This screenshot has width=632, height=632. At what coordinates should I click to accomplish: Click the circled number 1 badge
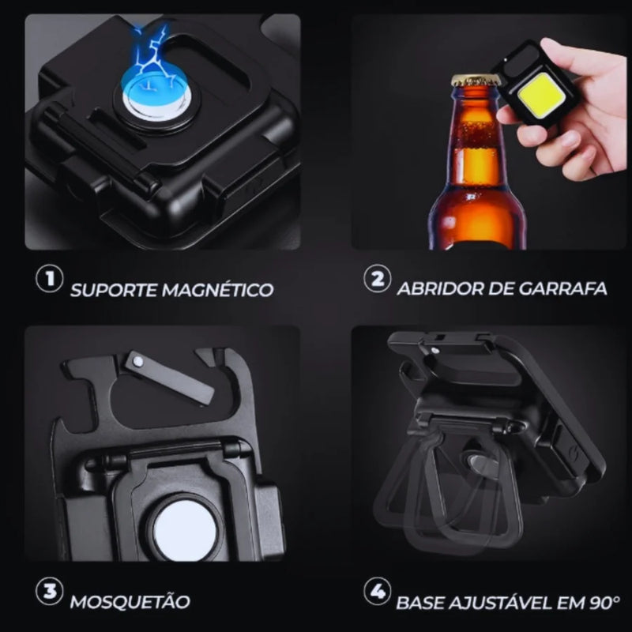click(x=50, y=279)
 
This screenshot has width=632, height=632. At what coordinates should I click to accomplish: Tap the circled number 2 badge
click(x=378, y=279)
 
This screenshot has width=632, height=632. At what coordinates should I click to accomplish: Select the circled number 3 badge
click(x=50, y=591)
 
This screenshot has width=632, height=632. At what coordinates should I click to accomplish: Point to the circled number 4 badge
click(x=378, y=591)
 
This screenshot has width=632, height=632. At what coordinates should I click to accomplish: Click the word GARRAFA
click(x=562, y=288)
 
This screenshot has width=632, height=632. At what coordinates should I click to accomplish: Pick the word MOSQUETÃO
click(x=130, y=601)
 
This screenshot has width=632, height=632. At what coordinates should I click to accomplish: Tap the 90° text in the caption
click(x=604, y=603)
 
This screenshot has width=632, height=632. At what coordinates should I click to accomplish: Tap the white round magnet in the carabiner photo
click(x=185, y=529)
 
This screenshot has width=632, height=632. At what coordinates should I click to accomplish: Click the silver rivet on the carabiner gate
click(x=139, y=361)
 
